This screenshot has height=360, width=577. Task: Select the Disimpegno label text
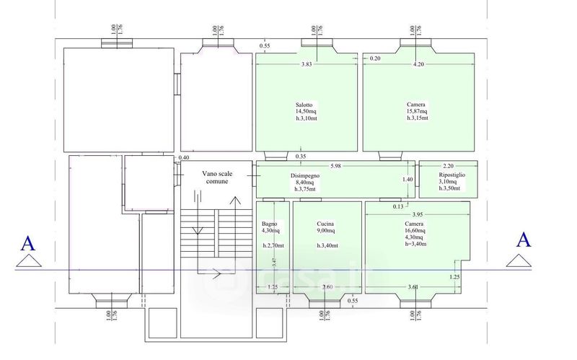click(x=306, y=175)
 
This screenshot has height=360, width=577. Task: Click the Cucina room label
click(x=325, y=224)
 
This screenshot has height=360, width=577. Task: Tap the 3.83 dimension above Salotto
click(x=306, y=66)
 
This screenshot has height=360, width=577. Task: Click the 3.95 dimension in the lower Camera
click(x=417, y=215)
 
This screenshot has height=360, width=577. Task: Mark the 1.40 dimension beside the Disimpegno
click(x=408, y=180)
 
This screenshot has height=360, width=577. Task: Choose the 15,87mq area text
click(x=417, y=111)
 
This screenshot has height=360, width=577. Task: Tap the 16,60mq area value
click(x=415, y=231)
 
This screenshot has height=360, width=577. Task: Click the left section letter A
click(x=28, y=242)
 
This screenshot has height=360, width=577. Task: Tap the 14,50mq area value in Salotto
click(x=306, y=111)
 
